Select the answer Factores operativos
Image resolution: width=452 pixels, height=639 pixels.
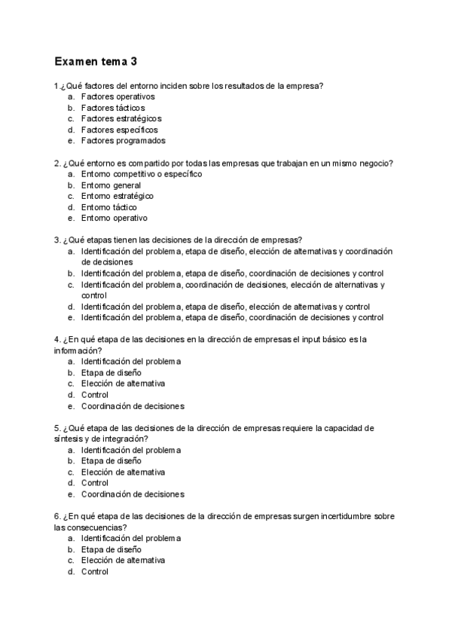tap(118, 96)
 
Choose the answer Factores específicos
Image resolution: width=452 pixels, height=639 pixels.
tap(119, 130)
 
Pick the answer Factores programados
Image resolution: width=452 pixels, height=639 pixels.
tap(123, 140)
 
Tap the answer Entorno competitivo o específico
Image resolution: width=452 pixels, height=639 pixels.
tap(142, 174)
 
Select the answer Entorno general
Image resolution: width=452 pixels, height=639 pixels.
tap(111, 185)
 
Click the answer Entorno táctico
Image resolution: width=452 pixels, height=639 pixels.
tap(109, 207)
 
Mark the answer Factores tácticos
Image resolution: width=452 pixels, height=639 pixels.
tap(113, 108)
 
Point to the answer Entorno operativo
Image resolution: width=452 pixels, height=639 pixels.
tap(115, 218)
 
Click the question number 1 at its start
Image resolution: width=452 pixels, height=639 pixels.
tap(57, 86)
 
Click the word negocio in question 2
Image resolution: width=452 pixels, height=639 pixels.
tap(377, 164)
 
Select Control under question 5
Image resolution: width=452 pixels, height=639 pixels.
tap(95, 483)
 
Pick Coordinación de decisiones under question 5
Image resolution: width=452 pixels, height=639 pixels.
tap(133, 494)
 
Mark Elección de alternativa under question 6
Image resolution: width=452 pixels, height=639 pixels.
tap(123, 561)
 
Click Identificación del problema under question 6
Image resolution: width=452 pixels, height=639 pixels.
tap(131, 538)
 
